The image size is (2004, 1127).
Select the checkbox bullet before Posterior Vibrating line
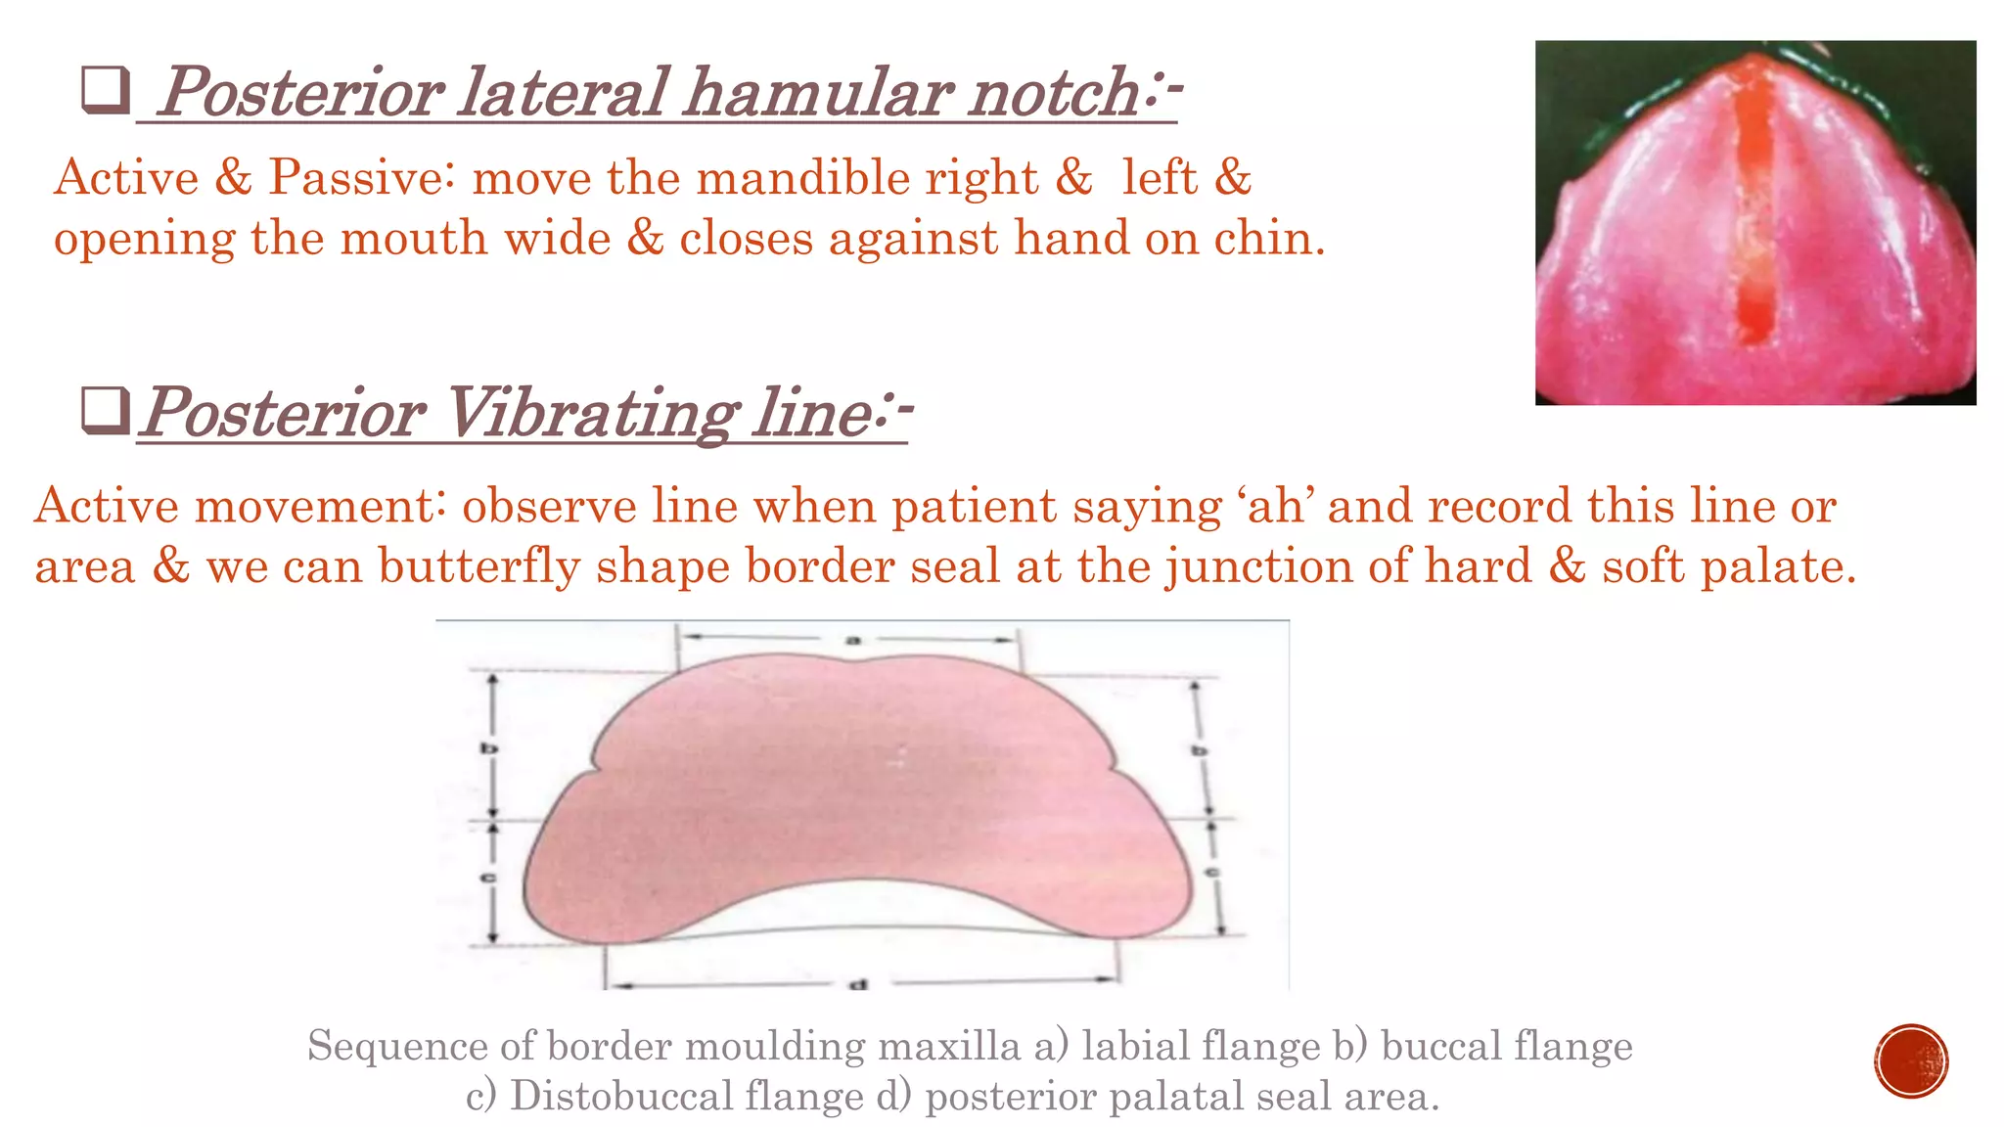(x=106, y=411)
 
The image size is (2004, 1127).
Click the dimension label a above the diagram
(x=852, y=640)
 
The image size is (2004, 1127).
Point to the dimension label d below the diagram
(x=858, y=983)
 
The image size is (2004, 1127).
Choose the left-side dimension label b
(x=488, y=749)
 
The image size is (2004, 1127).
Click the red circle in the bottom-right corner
(x=1911, y=1061)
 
